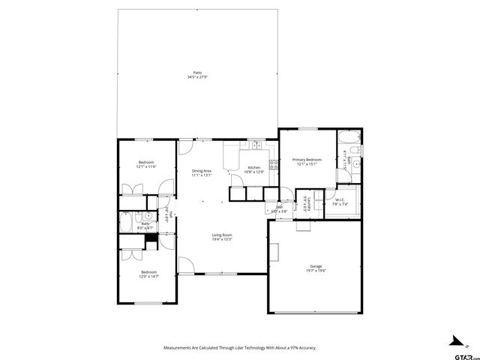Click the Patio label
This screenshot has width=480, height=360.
tap(196, 74)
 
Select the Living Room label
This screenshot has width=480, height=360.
tap(221, 237)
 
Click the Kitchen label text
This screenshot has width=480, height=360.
tap(254, 169)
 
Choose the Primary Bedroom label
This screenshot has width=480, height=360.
tap(307, 161)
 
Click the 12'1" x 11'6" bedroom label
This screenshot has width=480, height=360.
tap(145, 164)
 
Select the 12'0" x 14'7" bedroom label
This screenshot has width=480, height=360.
tap(148, 274)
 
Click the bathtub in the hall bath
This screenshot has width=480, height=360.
tap(125, 223)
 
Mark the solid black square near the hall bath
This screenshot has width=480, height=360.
tap(152, 239)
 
